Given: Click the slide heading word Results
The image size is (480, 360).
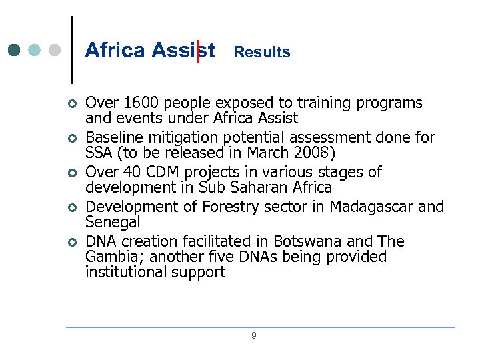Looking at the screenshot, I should pyautogui.click(x=262, y=52).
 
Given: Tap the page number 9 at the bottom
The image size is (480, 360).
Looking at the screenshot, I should pyautogui.click(x=253, y=336).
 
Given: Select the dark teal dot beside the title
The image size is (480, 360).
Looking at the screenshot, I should pyautogui.click(x=14, y=51).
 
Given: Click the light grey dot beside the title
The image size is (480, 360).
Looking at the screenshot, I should pyautogui.click(x=55, y=51).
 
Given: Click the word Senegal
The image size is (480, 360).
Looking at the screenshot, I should pyautogui.click(x=113, y=222).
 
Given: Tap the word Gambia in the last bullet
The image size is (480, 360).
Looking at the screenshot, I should pyautogui.click(x=113, y=257).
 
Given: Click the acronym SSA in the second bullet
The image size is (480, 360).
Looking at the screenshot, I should pyautogui.click(x=100, y=153).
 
